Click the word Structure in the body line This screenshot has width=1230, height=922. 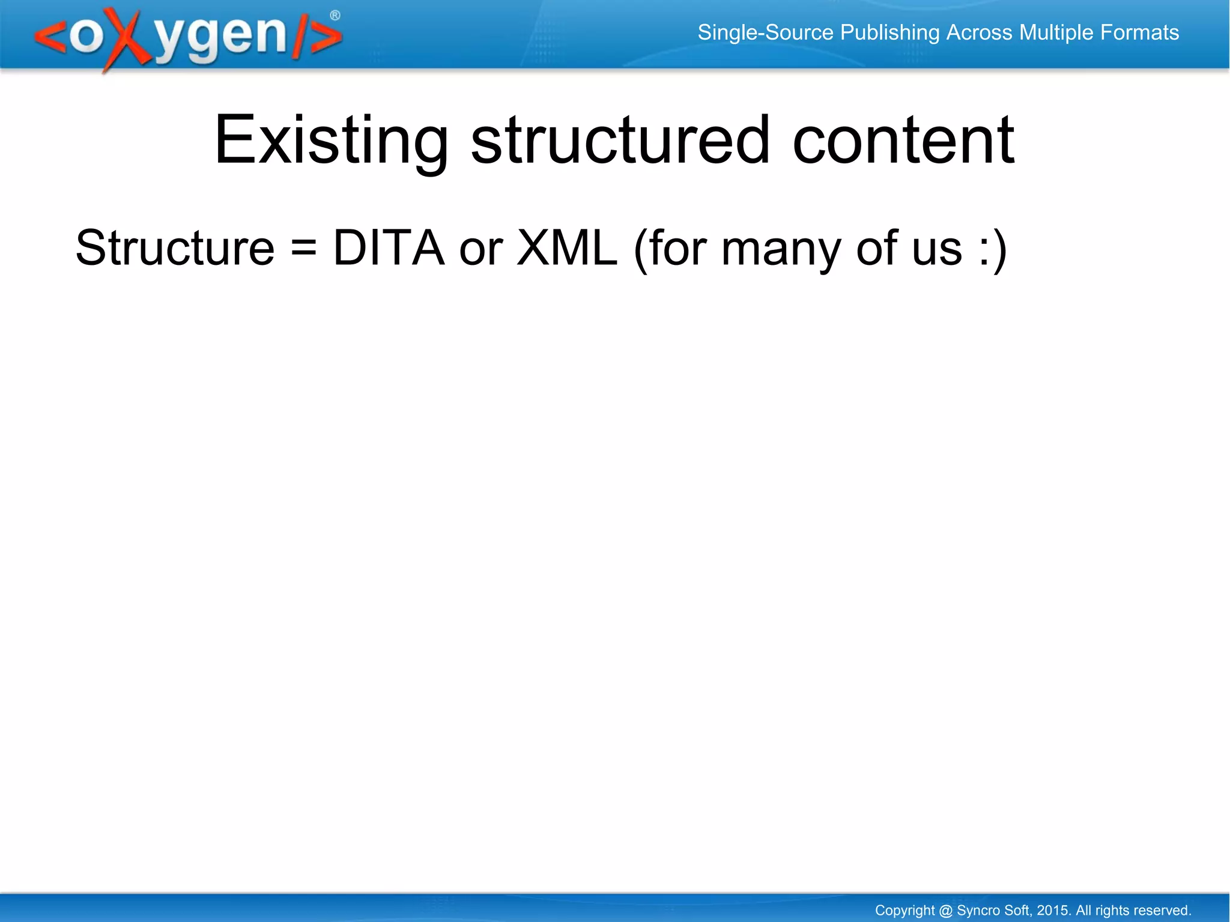(175, 248)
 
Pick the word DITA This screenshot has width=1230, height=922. (389, 248)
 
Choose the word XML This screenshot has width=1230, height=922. (567, 248)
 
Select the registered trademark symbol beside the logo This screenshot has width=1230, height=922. (335, 16)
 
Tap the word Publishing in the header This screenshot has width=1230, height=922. (889, 32)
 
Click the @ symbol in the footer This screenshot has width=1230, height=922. (945, 911)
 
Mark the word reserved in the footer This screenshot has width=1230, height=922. (1161, 910)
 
